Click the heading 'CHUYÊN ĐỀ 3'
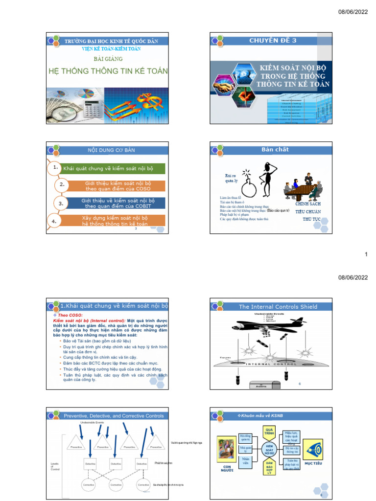click(x=273, y=41)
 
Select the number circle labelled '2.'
click(x=62, y=184)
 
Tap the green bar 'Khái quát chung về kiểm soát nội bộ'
click(x=113, y=169)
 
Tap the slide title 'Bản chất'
click(x=275, y=149)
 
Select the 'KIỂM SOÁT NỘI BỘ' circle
click(x=269, y=449)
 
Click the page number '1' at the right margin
click(x=366, y=254)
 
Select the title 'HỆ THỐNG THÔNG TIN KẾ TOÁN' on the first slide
click(x=108, y=71)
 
